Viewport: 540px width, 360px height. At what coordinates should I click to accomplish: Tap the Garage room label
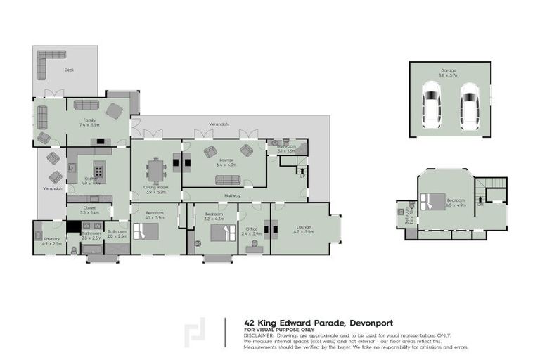[x=449, y=71]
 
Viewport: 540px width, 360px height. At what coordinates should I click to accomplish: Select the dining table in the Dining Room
[x=155, y=171]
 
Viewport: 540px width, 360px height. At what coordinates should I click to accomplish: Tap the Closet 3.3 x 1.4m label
[x=89, y=210]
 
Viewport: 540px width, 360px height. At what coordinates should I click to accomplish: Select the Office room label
[x=252, y=229]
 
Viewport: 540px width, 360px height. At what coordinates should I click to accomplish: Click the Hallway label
[x=233, y=195]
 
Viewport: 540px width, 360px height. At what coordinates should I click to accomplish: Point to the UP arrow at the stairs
[x=303, y=176]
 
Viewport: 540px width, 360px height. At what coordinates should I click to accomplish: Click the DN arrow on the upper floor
[x=480, y=205]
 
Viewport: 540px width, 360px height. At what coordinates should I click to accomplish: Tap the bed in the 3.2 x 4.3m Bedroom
[x=220, y=233]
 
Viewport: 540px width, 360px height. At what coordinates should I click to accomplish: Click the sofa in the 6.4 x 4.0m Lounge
[x=226, y=179]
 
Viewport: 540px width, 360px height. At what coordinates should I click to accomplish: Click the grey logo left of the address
[x=195, y=333]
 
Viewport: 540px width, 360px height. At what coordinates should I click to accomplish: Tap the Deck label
[x=68, y=70]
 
